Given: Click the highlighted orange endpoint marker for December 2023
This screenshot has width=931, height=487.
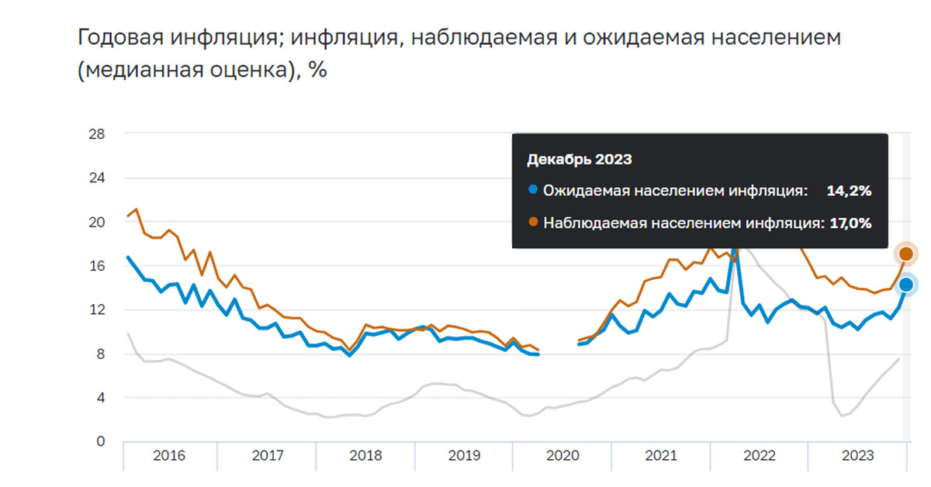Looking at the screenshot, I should (905, 254).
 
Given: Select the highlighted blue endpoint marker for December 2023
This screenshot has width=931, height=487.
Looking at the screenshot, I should (905, 285).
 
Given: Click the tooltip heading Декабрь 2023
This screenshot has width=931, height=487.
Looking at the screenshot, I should (579, 161).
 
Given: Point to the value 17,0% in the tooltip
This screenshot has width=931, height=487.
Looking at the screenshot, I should (850, 223).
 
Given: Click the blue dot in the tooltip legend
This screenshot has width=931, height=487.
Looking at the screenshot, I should (532, 191).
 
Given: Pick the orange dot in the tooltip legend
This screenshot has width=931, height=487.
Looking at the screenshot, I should (532, 223).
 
